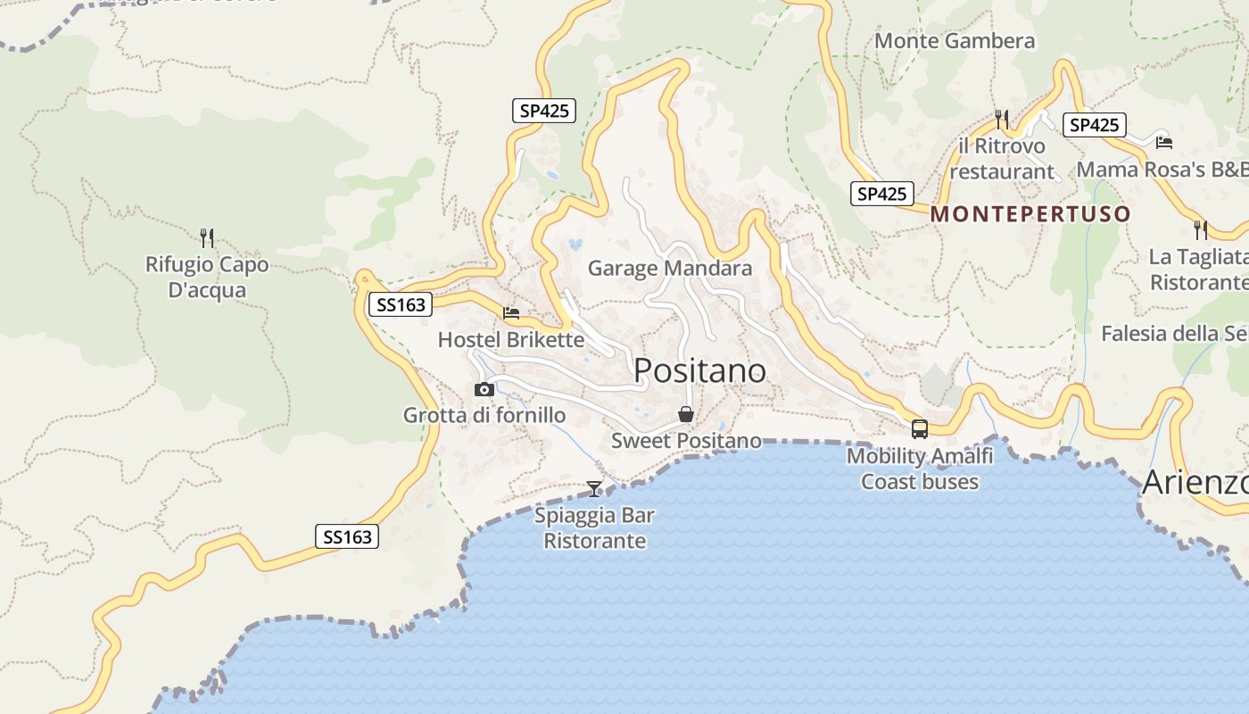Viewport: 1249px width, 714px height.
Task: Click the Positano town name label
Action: click(x=699, y=370)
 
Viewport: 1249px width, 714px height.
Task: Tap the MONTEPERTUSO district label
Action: click(x=1030, y=214)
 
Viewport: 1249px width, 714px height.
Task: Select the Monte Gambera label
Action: click(x=955, y=41)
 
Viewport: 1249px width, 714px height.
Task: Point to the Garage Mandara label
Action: click(x=670, y=268)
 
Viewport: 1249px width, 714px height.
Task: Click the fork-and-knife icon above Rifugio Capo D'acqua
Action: click(x=207, y=238)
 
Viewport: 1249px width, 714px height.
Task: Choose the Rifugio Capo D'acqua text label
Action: click(x=207, y=278)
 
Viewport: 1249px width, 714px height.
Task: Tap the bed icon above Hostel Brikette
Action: click(x=511, y=313)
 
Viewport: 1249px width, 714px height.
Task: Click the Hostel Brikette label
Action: click(x=511, y=340)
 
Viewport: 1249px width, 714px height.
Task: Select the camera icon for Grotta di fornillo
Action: click(x=484, y=389)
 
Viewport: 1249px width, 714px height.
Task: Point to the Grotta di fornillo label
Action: click(x=484, y=415)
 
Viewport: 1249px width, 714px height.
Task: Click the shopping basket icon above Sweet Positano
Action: click(x=686, y=414)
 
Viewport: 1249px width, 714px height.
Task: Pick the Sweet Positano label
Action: click(x=686, y=441)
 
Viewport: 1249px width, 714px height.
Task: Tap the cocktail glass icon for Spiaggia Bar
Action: click(x=594, y=488)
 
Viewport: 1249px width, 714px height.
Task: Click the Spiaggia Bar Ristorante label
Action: click(x=594, y=528)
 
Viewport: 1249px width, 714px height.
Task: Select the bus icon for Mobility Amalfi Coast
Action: click(x=920, y=428)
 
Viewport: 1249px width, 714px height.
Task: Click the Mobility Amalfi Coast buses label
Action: click(x=920, y=469)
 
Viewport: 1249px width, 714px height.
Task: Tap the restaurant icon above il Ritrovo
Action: click(x=1002, y=119)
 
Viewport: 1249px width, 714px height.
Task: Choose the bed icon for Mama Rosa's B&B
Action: click(x=1163, y=142)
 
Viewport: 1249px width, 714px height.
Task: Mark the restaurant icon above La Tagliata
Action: click(x=1201, y=230)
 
